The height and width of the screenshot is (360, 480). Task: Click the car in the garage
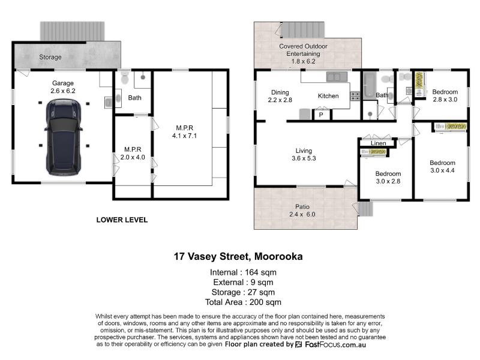click(x=64, y=137)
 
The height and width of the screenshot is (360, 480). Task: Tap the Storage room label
click(x=50, y=57)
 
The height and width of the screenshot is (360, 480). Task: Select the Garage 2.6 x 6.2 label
click(x=63, y=87)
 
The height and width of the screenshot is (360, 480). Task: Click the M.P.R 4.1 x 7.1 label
click(x=185, y=132)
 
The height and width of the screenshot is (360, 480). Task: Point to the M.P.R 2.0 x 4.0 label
click(x=133, y=154)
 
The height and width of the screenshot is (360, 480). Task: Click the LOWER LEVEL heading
click(x=122, y=220)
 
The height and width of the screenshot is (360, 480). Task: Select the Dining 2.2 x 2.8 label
click(x=280, y=96)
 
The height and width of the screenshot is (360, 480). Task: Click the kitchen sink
click(x=337, y=76)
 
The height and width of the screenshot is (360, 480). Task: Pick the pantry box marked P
click(x=321, y=115)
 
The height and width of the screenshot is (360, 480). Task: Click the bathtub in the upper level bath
click(x=370, y=85)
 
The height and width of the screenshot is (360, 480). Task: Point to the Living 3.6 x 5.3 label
click(x=304, y=154)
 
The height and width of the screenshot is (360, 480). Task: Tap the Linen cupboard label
click(x=379, y=143)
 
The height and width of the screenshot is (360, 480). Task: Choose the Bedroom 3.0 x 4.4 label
click(x=442, y=167)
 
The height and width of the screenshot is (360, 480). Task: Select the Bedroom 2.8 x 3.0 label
click(x=445, y=95)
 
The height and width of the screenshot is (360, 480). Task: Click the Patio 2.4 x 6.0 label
click(x=302, y=211)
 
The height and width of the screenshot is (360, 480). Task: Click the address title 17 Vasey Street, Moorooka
click(x=238, y=256)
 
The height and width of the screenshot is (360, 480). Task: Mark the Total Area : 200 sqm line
click(x=243, y=302)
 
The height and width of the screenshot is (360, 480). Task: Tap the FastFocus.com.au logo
click(x=331, y=344)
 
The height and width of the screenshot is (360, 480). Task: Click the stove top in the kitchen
click(x=355, y=96)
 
